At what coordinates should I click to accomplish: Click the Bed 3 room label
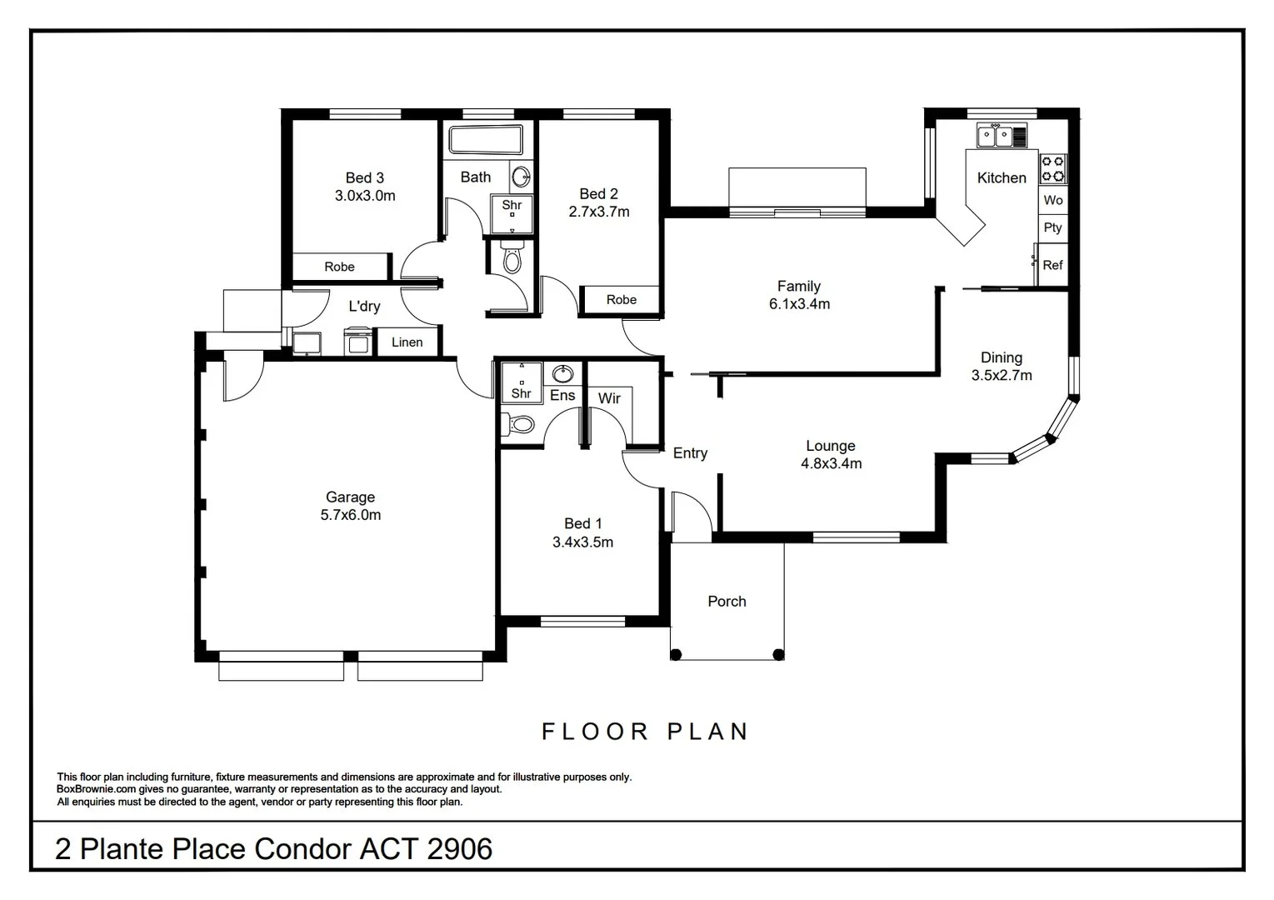(364, 177)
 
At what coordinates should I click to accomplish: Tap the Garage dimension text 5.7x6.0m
(350, 515)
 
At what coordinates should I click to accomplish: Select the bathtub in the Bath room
(485, 140)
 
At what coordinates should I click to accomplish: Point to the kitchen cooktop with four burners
(1052, 168)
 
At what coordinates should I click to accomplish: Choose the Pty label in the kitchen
(1052, 227)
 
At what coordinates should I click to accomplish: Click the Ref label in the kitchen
(1052, 265)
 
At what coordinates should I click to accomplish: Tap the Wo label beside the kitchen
(1052, 200)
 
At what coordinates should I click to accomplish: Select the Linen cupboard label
(407, 342)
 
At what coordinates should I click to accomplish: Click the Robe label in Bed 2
(621, 300)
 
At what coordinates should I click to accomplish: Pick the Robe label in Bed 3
(339, 267)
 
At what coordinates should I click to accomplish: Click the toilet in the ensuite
(520, 424)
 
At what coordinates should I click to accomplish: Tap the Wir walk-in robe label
(609, 398)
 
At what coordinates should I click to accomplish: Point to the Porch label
(727, 602)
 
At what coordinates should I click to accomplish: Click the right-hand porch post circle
(778, 654)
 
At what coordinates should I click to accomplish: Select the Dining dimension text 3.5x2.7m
(1001, 376)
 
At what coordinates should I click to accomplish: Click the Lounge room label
(830, 446)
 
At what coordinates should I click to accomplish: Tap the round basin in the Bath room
(520, 176)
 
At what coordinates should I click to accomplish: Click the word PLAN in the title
(707, 732)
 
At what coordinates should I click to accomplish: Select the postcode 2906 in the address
(459, 849)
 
